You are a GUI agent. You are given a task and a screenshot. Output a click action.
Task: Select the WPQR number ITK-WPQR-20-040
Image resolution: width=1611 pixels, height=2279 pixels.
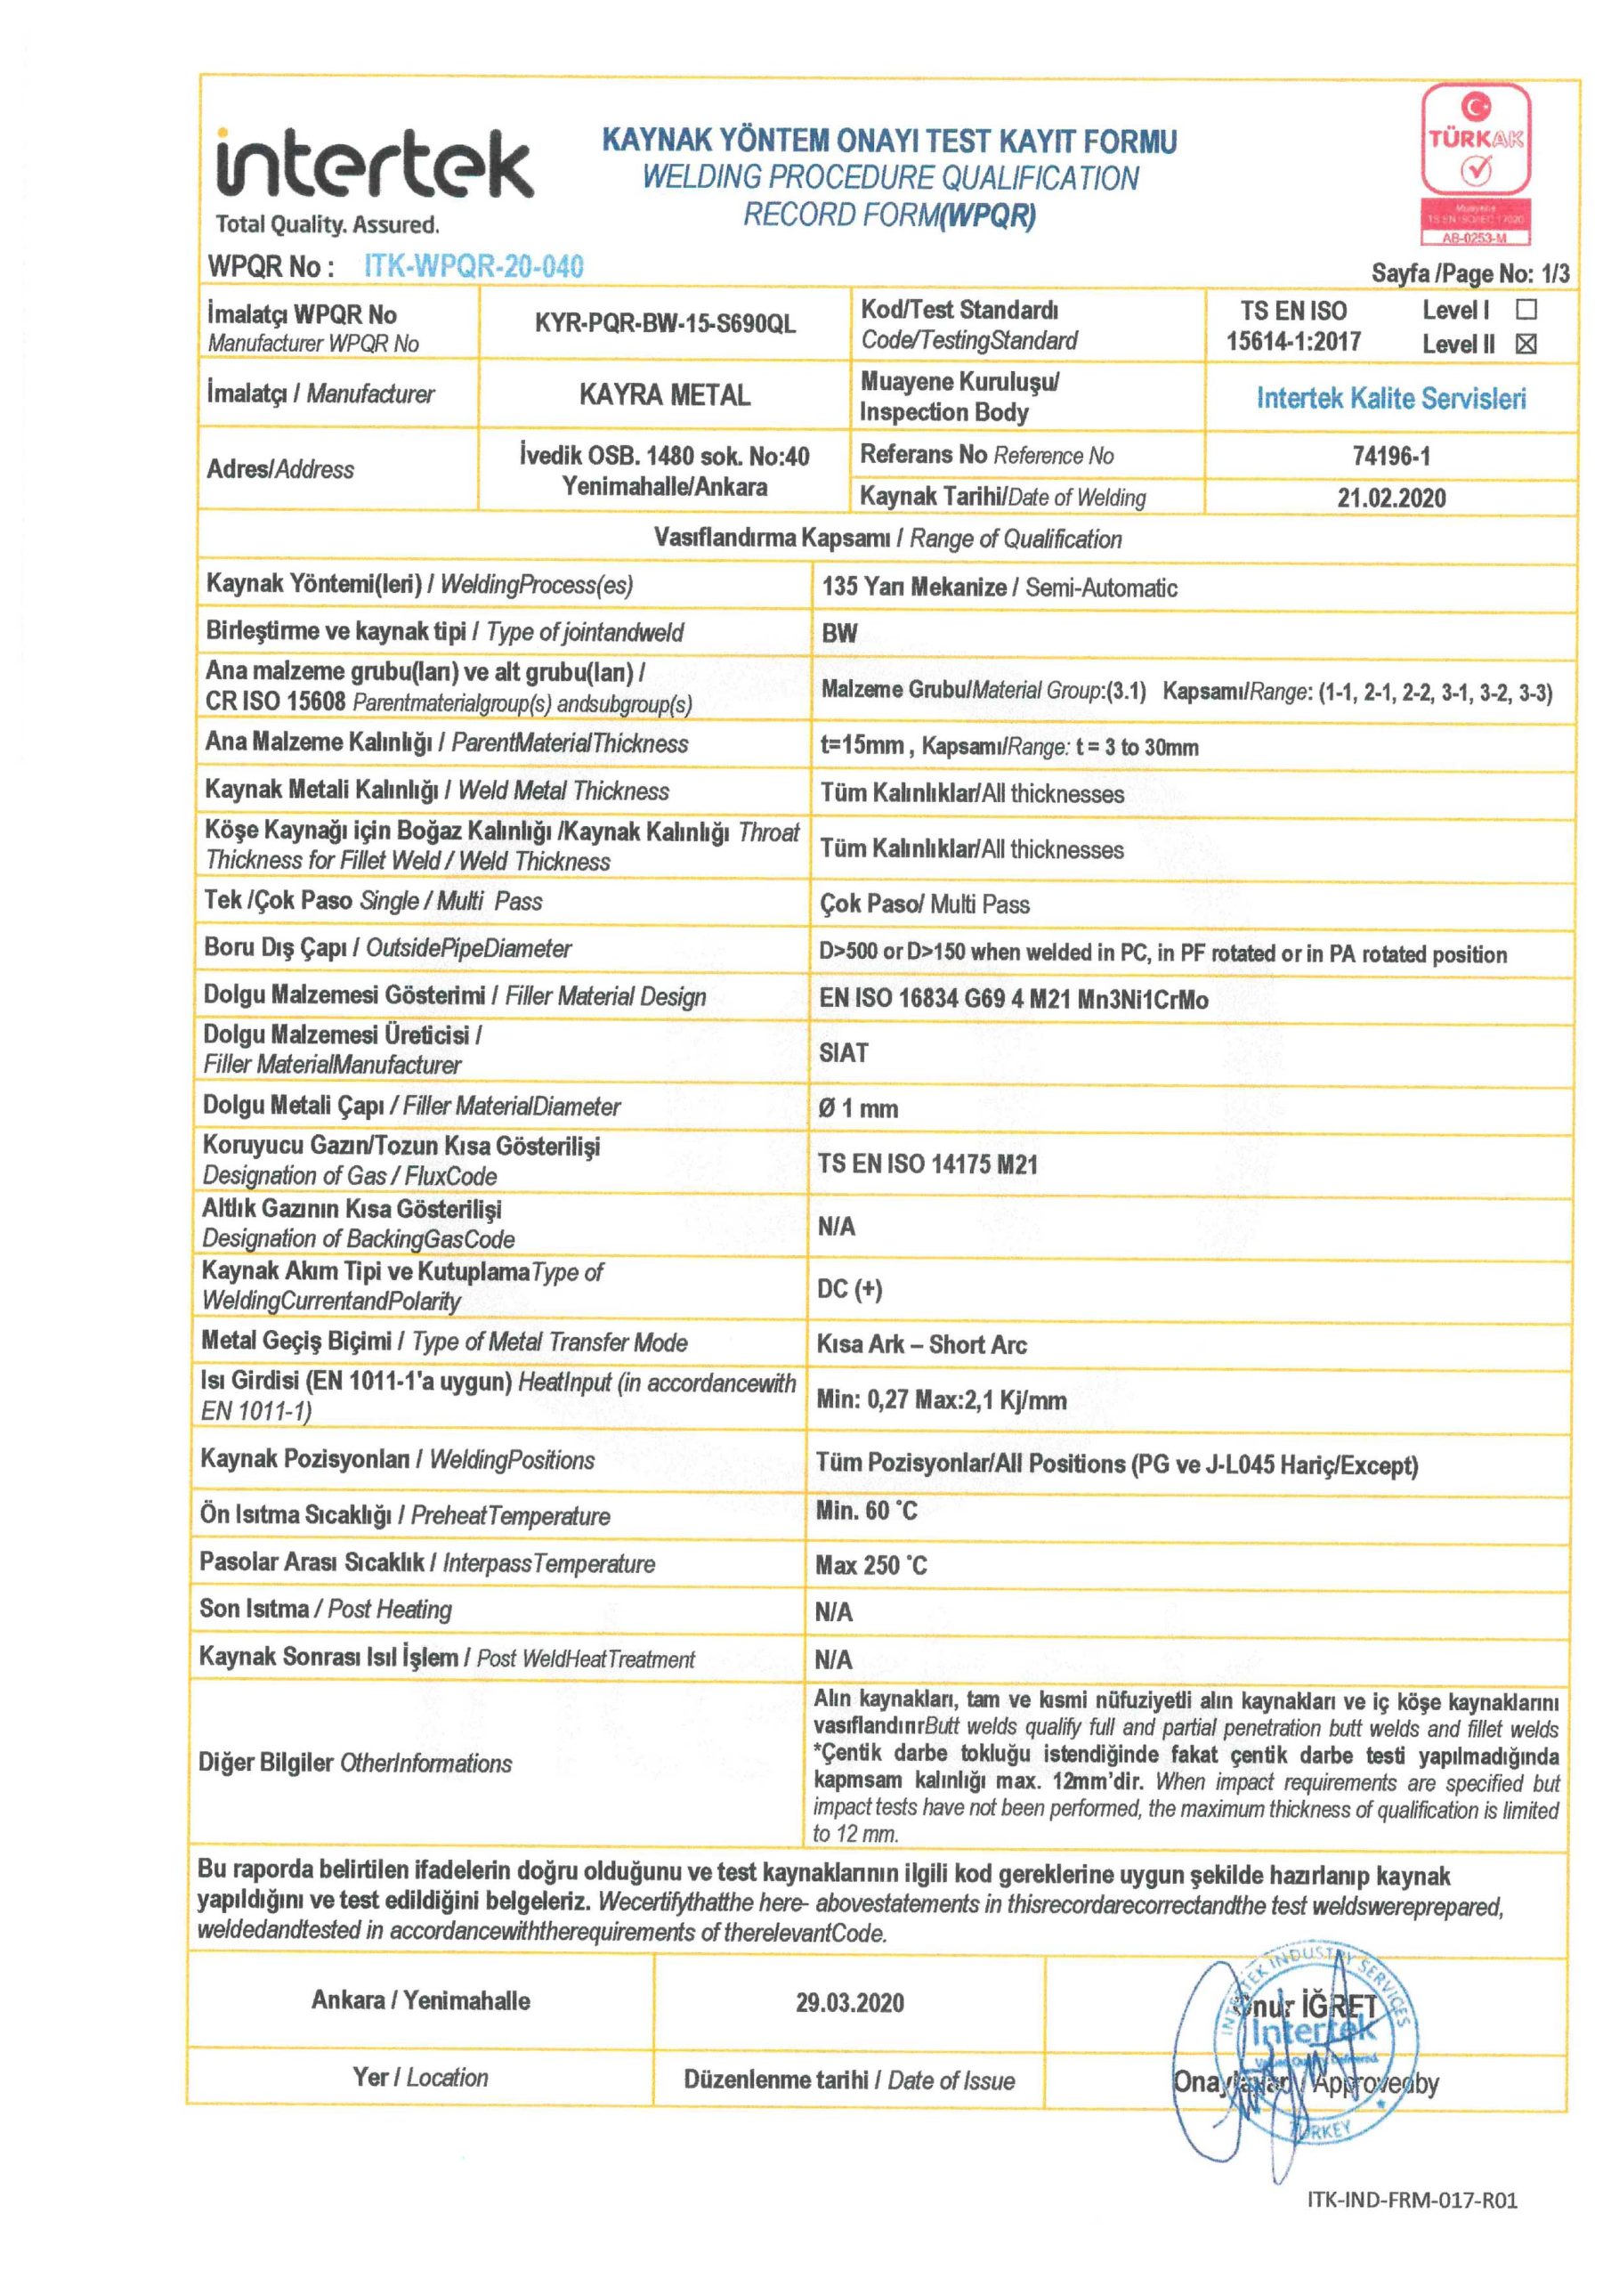pyautogui.click(x=474, y=266)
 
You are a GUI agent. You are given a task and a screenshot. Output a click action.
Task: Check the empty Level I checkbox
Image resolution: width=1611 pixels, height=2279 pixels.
pyautogui.click(x=1526, y=309)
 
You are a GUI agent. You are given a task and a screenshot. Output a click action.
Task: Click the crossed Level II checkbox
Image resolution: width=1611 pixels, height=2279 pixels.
pyautogui.click(x=1526, y=345)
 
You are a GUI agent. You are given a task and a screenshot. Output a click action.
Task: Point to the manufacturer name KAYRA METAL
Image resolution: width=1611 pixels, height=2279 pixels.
pyautogui.click(x=664, y=395)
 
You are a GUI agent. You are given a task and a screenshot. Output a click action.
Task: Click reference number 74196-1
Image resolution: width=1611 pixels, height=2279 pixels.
pyautogui.click(x=1390, y=456)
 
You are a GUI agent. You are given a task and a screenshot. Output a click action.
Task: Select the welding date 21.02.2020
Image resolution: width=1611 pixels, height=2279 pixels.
pyautogui.click(x=1390, y=499)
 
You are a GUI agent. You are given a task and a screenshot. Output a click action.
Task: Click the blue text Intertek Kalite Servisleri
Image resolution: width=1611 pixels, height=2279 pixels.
pyautogui.click(x=1390, y=399)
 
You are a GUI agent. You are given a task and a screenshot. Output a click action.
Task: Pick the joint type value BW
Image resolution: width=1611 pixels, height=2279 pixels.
pyautogui.click(x=838, y=634)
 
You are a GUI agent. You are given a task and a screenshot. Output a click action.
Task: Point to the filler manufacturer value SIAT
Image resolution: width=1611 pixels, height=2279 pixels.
pyautogui.click(x=844, y=1052)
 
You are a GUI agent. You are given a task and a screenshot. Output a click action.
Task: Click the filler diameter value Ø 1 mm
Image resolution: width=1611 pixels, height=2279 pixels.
pyautogui.click(x=858, y=1108)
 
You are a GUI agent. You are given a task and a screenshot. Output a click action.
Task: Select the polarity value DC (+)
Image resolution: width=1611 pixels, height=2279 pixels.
pyautogui.click(x=849, y=1289)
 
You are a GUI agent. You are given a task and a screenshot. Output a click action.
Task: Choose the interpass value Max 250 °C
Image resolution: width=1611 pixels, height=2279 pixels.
pyautogui.click(x=870, y=1565)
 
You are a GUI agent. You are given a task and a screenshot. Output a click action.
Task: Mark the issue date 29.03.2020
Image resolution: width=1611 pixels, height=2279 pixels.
pyautogui.click(x=849, y=2002)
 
